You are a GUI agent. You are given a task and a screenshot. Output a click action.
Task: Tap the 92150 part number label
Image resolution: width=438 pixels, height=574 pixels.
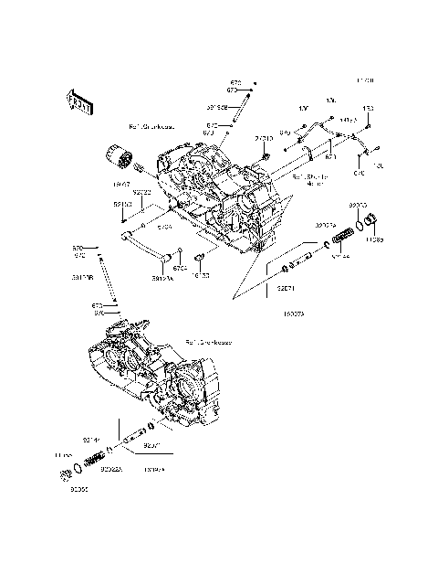coord(122,205)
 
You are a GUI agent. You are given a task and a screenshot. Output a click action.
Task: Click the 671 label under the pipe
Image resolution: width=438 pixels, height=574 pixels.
coord(331,156)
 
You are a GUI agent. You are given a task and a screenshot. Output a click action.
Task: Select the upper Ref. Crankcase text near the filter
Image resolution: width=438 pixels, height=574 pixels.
coord(151,127)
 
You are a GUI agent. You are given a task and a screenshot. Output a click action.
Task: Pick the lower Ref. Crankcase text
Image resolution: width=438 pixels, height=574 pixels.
coord(208,342)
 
